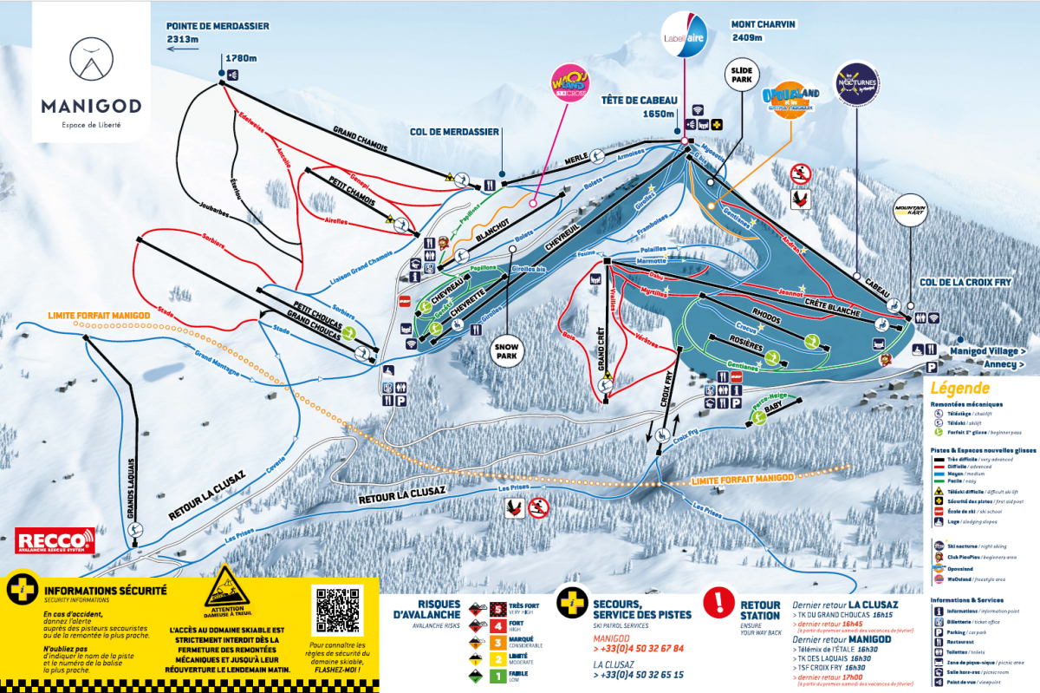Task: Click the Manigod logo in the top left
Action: [x=89, y=78]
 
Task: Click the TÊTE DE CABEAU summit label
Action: [x=639, y=106]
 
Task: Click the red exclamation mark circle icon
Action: [x=718, y=601]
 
